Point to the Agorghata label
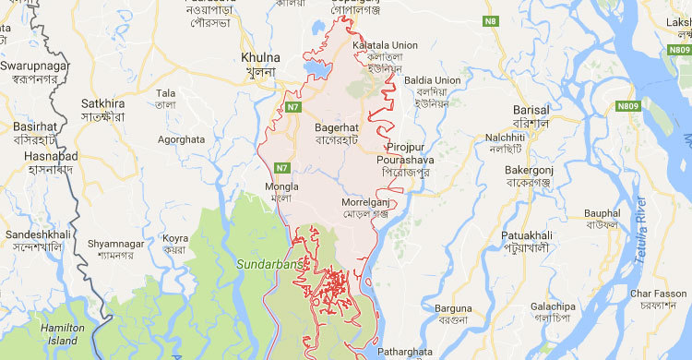point(180,138)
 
